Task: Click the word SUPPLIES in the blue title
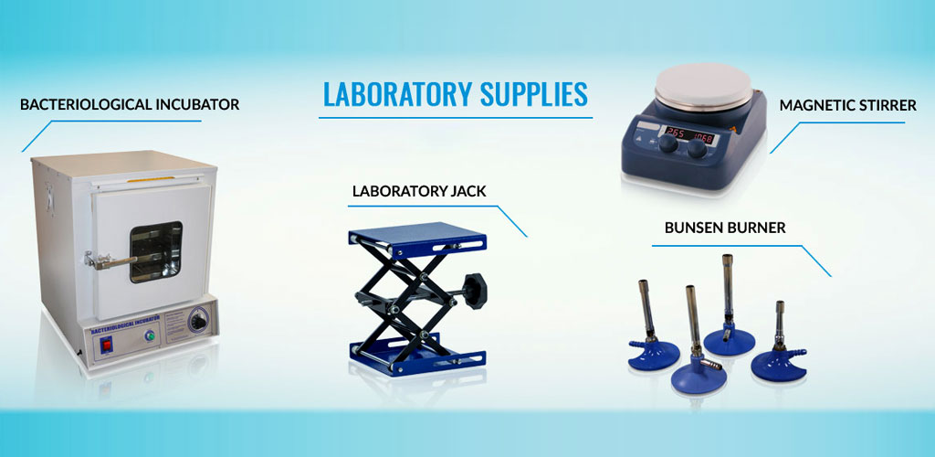[x=533, y=93]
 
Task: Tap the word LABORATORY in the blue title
[x=396, y=93]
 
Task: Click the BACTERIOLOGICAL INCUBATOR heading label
[x=130, y=104]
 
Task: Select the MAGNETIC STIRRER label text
[x=847, y=106]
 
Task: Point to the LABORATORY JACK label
[x=419, y=192]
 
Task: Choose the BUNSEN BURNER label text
[x=725, y=228]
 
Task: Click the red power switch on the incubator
[x=107, y=345]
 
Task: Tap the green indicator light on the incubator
[x=150, y=336]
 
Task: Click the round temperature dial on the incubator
[x=199, y=322]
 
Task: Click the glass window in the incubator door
[x=156, y=251]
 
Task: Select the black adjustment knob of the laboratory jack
[x=475, y=292]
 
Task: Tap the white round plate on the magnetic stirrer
[x=704, y=87]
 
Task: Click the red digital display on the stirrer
[x=692, y=133]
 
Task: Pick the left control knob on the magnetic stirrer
[x=668, y=143]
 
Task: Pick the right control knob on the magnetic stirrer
[x=697, y=149]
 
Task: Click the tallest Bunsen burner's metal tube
[x=728, y=290]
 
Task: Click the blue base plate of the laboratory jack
[x=417, y=356]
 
